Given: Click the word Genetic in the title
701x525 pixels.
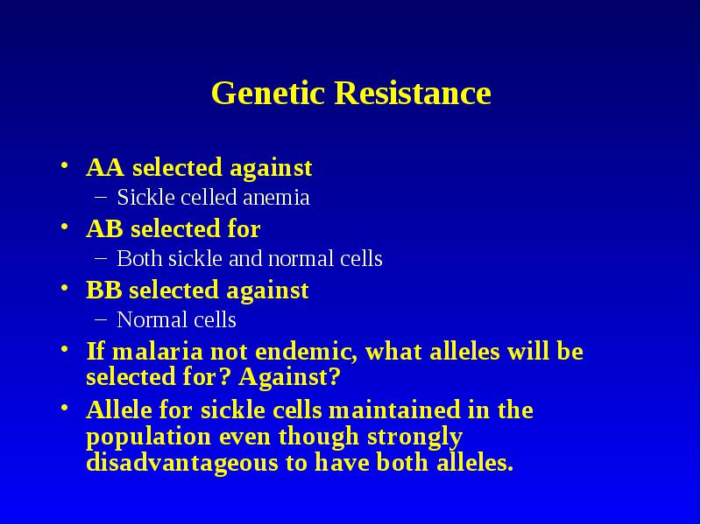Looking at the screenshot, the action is coord(267,93).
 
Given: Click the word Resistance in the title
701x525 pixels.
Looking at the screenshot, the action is coord(413,93).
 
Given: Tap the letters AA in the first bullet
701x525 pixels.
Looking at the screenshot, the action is coord(105,167).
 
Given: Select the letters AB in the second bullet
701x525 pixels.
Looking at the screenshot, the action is coord(104,228).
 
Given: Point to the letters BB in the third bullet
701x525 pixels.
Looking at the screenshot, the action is coord(103,290).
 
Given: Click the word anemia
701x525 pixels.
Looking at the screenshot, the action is coord(276,198).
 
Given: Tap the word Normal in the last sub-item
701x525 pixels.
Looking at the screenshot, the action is coord(146,319).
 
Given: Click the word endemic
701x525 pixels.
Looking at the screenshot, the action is coord(306,351).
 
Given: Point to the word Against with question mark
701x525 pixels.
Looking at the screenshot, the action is coord(289,377).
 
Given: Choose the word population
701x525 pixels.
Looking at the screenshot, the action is coord(148,437).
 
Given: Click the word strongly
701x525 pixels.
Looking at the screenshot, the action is coord(414,437).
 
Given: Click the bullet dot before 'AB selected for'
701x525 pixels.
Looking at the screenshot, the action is coord(65,227).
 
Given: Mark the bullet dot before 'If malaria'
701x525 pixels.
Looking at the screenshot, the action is coord(65,348).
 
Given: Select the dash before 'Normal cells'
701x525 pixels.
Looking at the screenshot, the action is coord(101,318).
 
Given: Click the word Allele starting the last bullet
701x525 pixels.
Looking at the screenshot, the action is coord(119,409).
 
